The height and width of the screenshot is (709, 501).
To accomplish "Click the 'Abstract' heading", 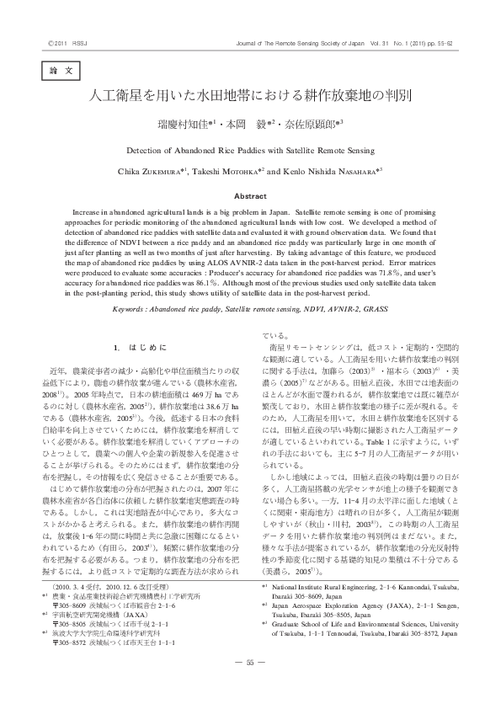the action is tap(249, 195).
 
